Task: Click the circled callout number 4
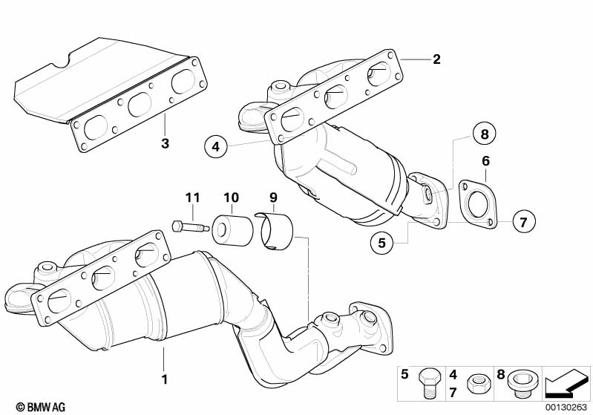(214, 147)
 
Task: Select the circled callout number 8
(484, 134)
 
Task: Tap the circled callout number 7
(522, 221)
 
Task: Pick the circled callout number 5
(381, 242)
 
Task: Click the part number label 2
(436, 59)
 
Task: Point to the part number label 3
(165, 143)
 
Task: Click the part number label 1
(164, 379)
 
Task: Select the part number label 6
(485, 160)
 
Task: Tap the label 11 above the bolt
(193, 197)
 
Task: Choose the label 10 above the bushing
(231, 197)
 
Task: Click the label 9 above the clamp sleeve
(273, 197)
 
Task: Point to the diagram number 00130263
(567, 407)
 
